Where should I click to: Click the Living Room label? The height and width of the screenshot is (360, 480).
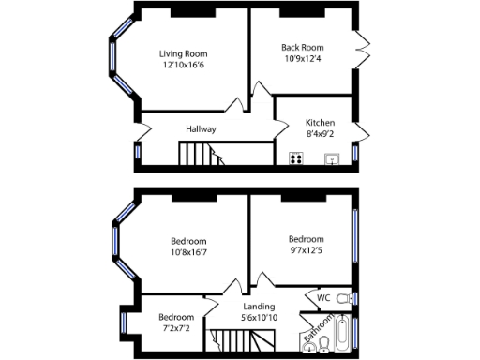coord(182,53)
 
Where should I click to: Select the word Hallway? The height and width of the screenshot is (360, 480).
coord(201,128)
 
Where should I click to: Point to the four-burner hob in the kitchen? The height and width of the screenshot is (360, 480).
coord(296,157)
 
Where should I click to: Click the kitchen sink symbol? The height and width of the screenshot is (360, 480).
coord(331,158)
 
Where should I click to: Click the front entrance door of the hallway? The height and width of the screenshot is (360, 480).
coord(142,126)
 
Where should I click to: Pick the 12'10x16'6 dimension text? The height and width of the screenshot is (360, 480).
coord(182,66)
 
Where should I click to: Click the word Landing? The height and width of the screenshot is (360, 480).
coord(259,307)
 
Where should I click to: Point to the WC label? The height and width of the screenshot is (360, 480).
coord(323,298)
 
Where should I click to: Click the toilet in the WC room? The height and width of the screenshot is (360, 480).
coord(343,298)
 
